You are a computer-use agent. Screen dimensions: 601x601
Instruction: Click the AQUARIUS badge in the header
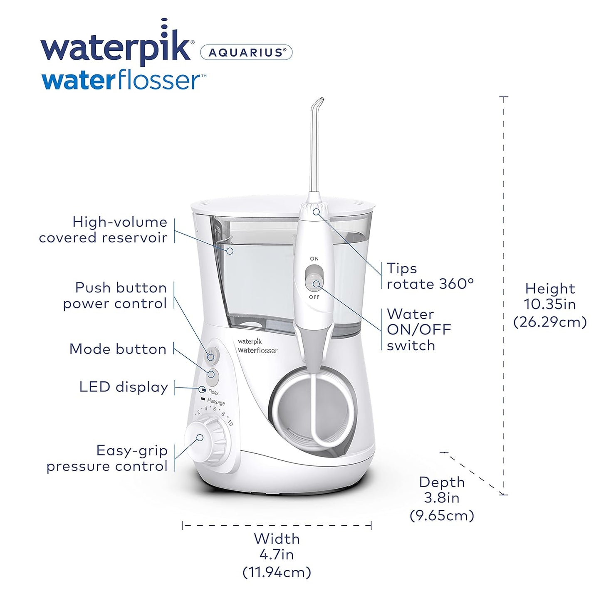point(246,52)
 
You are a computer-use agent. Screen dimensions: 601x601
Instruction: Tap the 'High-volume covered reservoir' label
point(103,230)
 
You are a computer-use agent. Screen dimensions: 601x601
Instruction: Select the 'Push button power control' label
point(115,295)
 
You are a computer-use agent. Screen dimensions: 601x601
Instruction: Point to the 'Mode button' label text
point(118,349)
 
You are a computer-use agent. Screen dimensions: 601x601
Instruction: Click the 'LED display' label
point(124,387)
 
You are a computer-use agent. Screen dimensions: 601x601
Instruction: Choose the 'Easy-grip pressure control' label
point(107,458)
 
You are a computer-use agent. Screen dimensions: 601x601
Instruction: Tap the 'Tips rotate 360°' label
point(430,276)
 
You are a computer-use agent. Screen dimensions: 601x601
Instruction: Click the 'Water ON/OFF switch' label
point(419,329)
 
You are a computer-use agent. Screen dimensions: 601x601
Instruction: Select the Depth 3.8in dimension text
point(442,498)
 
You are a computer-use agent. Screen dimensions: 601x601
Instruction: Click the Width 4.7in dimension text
point(277,555)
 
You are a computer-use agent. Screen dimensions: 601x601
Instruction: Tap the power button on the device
point(212,356)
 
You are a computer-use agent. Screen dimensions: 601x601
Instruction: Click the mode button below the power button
point(213,375)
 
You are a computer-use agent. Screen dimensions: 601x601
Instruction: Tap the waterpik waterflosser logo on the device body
point(257,346)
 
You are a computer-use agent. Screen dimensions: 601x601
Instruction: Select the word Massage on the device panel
point(216,402)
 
